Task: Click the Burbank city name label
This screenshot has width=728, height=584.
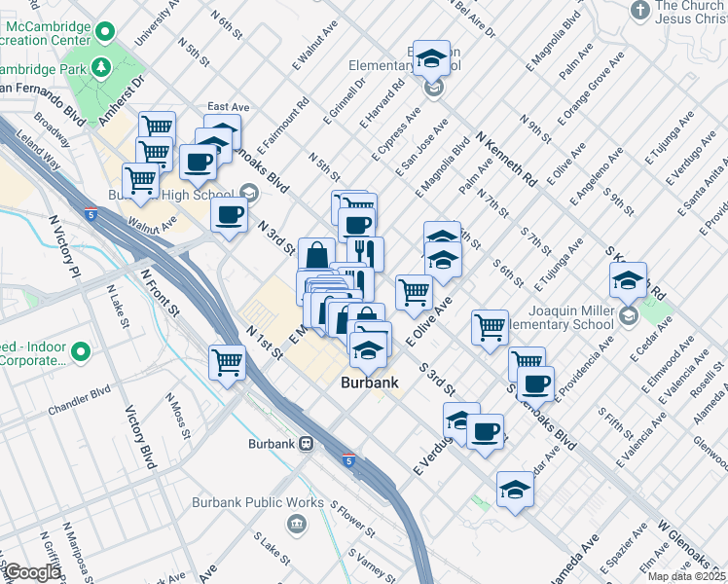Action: click(x=370, y=383)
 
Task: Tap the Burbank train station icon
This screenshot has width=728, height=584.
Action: click(x=306, y=444)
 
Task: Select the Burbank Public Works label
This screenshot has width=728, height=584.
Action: click(x=271, y=502)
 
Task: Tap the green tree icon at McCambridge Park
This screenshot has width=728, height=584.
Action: click(x=99, y=66)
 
